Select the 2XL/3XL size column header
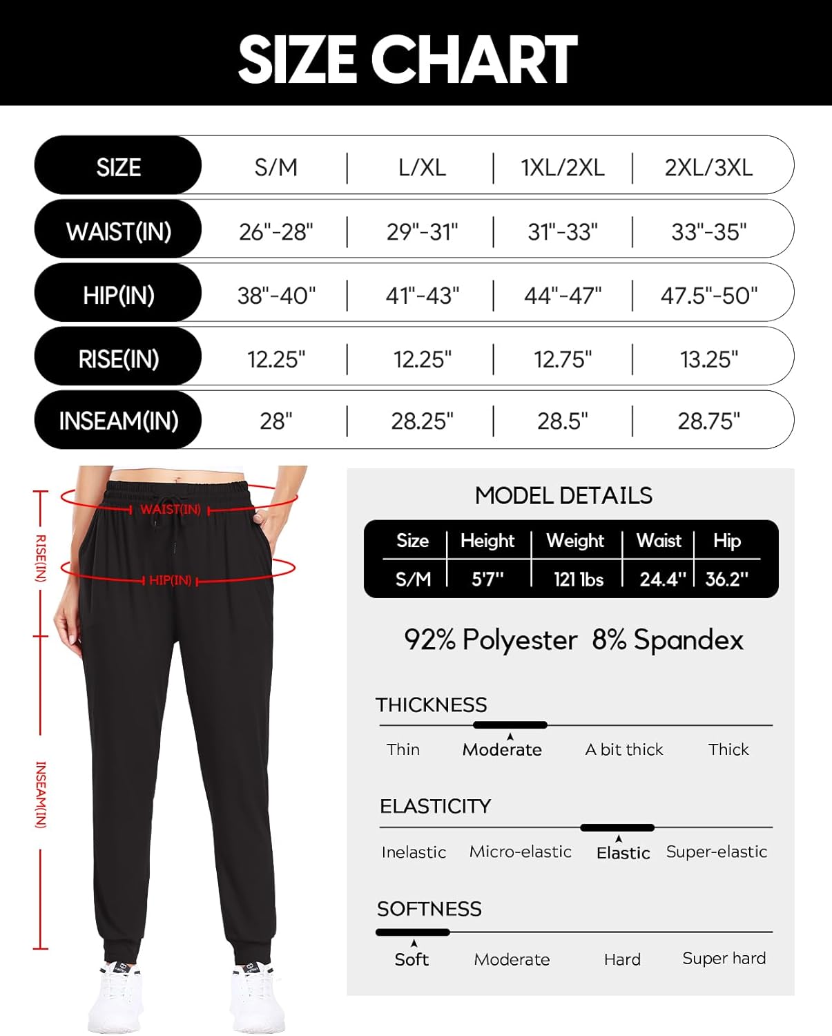pos(708,167)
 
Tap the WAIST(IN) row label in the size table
pos(118,231)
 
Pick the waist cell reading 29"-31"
pos(422,231)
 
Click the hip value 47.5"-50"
pos(708,296)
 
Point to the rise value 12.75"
pos(563,359)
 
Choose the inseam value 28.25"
pos(422,421)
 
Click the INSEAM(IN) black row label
pos(118,421)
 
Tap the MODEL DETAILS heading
pos(563,495)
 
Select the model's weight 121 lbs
pos(578,579)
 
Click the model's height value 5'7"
pos(487,579)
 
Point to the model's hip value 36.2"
pos(726,579)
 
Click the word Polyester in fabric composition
pos(519,640)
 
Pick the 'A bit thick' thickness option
pos(623,749)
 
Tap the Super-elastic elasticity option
pos(716,852)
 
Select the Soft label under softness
pos(412,959)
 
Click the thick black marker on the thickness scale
pos(510,725)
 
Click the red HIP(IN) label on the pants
pos(170,580)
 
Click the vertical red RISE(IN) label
pos(41,558)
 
